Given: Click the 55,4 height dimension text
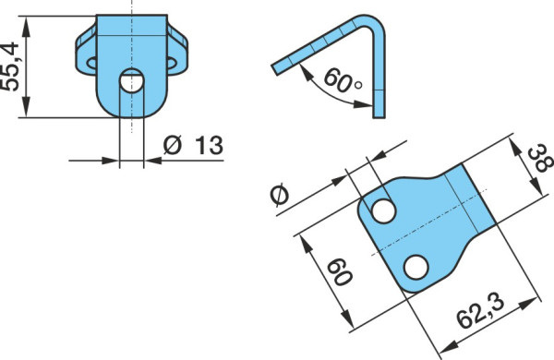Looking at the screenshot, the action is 10,66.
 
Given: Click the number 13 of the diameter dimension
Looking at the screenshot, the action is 210,145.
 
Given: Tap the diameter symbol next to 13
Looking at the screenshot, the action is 173,145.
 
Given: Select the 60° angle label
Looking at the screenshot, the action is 342,81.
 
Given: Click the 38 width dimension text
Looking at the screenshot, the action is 539,158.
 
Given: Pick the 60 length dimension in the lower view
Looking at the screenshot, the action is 340,272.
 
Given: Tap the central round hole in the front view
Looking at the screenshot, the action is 131,80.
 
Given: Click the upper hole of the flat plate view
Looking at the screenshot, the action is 384,210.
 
